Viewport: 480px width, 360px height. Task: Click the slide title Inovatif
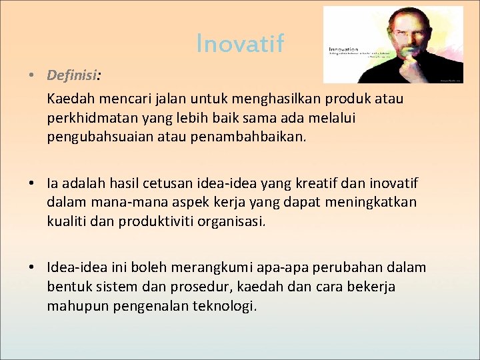tap(240, 43)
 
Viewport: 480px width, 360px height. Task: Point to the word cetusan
tap(225, 183)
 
